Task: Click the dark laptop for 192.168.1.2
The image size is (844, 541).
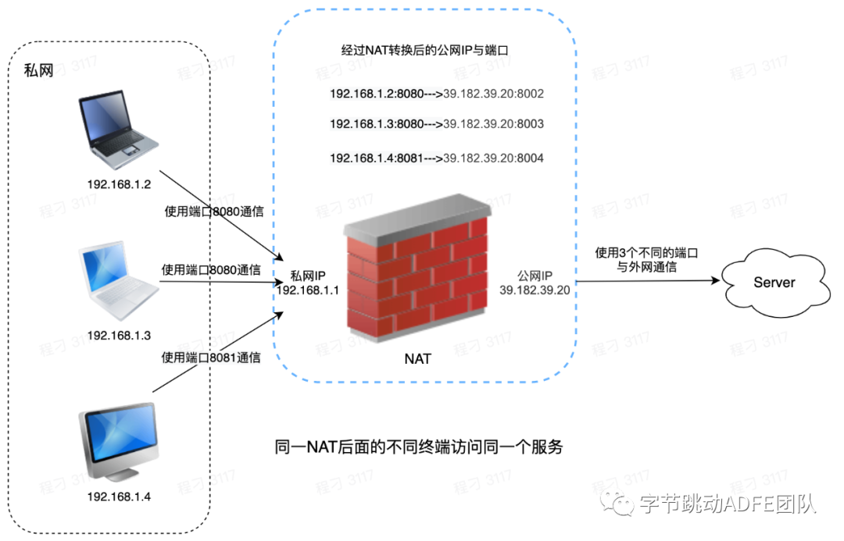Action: point(118,132)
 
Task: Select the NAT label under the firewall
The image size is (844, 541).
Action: point(417,360)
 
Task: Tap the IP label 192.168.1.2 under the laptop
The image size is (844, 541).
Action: point(119,185)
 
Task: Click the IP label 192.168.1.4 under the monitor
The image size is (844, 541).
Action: point(119,497)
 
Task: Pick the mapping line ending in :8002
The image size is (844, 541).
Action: point(436,94)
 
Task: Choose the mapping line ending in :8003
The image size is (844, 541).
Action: point(436,124)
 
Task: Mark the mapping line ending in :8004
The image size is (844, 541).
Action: point(436,158)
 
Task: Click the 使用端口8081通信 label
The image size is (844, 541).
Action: point(210,358)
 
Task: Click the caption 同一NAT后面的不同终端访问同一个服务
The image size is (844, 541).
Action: point(419,447)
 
